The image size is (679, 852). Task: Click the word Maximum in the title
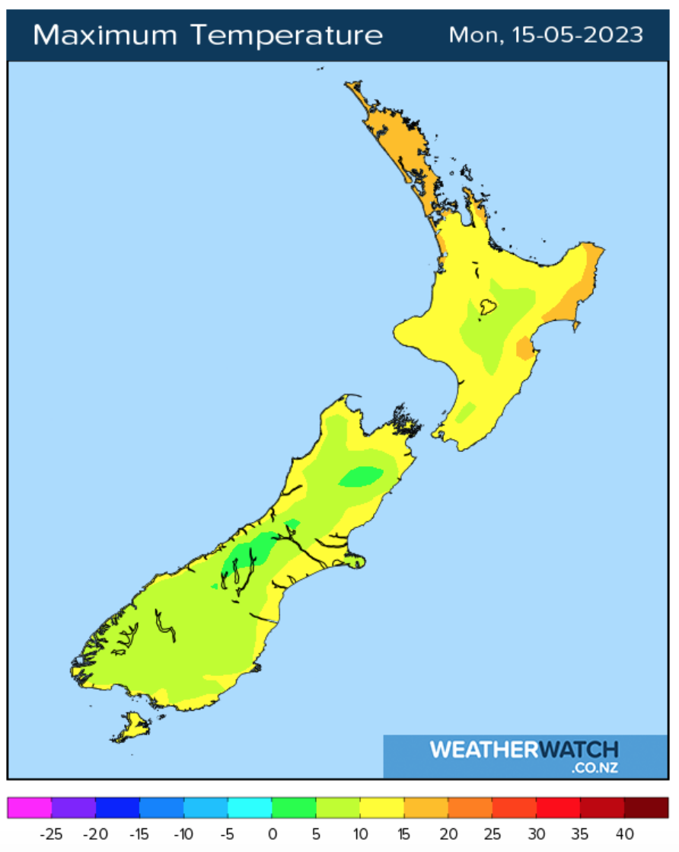click(104, 35)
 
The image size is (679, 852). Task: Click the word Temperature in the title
click(287, 35)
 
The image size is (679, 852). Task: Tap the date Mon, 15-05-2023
click(546, 35)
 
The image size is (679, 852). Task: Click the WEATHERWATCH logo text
click(524, 750)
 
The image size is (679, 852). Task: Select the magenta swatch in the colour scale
click(30, 808)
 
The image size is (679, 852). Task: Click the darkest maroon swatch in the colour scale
click(646, 808)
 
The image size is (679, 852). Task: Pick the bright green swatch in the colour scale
click(294, 808)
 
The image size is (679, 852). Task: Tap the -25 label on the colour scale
click(50, 834)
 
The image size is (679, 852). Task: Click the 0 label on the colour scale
click(272, 834)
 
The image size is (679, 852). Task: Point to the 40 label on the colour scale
click(624, 834)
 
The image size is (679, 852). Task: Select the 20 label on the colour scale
click(448, 834)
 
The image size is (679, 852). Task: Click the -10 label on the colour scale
click(183, 834)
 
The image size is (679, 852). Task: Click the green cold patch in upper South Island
click(360, 477)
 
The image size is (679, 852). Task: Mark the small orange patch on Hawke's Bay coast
click(524, 349)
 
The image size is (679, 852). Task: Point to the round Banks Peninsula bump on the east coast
click(355, 562)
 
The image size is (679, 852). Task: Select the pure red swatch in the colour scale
click(558, 808)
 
